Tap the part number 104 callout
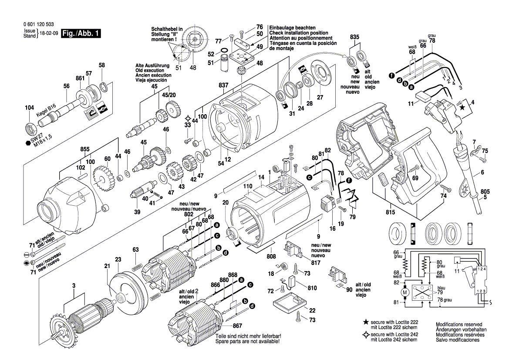29,108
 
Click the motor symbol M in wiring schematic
405,292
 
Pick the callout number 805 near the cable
485,190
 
